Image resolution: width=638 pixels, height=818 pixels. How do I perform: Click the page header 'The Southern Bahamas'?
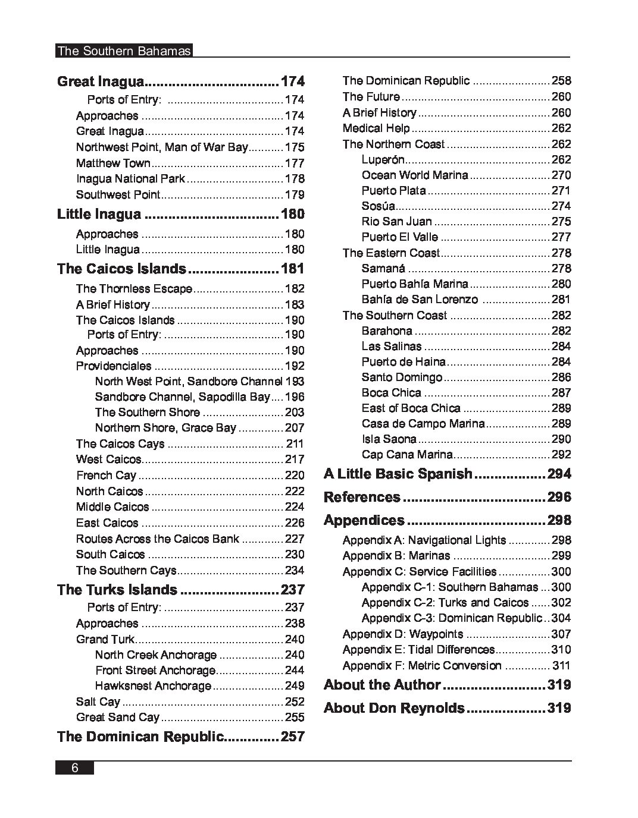click(124, 51)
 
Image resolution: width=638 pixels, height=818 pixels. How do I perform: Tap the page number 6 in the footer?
click(75, 767)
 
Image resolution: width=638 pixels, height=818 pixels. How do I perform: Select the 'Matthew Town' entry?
click(113, 163)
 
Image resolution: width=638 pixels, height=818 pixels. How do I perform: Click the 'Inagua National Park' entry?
click(130, 178)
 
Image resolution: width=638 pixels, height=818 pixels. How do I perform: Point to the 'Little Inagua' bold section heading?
click(99, 214)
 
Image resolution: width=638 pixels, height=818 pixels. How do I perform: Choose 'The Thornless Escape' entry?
click(134, 289)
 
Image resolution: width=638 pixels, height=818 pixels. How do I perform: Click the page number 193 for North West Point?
click(295, 382)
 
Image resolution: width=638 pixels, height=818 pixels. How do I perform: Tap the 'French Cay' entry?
click(106, 475)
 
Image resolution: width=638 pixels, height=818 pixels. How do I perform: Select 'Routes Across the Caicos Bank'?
click(157, 539)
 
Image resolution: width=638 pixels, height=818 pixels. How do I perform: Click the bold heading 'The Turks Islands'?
click(117, 590)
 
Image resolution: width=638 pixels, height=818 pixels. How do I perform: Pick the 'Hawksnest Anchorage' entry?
click(153, 686)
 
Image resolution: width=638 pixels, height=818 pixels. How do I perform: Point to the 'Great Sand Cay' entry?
click(118, 718)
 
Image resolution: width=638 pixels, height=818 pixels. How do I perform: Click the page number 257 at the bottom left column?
click(292, 737)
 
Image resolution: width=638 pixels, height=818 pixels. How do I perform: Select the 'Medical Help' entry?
click(376, 128)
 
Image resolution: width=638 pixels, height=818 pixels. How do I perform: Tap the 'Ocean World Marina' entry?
click(414, 175)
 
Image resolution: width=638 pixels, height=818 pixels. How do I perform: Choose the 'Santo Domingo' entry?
click(402, 377)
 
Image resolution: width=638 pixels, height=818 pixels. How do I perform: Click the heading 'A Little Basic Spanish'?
click(398, 474)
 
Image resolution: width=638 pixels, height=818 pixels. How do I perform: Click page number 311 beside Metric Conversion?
click(561, 666)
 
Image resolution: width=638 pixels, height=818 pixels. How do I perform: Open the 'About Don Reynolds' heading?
click(394, 708)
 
